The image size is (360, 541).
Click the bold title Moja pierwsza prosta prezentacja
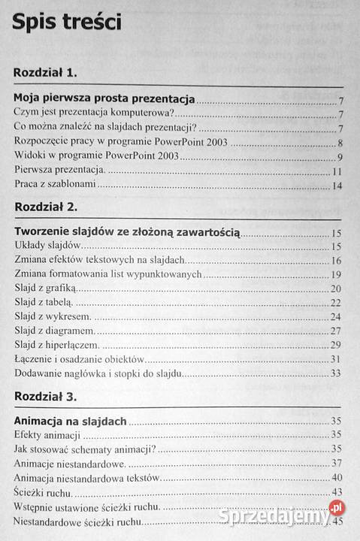104,99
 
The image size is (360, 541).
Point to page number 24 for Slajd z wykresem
337,316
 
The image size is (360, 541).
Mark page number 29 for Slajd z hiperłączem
337,345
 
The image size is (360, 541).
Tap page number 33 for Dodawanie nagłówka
337,373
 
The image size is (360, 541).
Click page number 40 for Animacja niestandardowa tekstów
337,478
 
